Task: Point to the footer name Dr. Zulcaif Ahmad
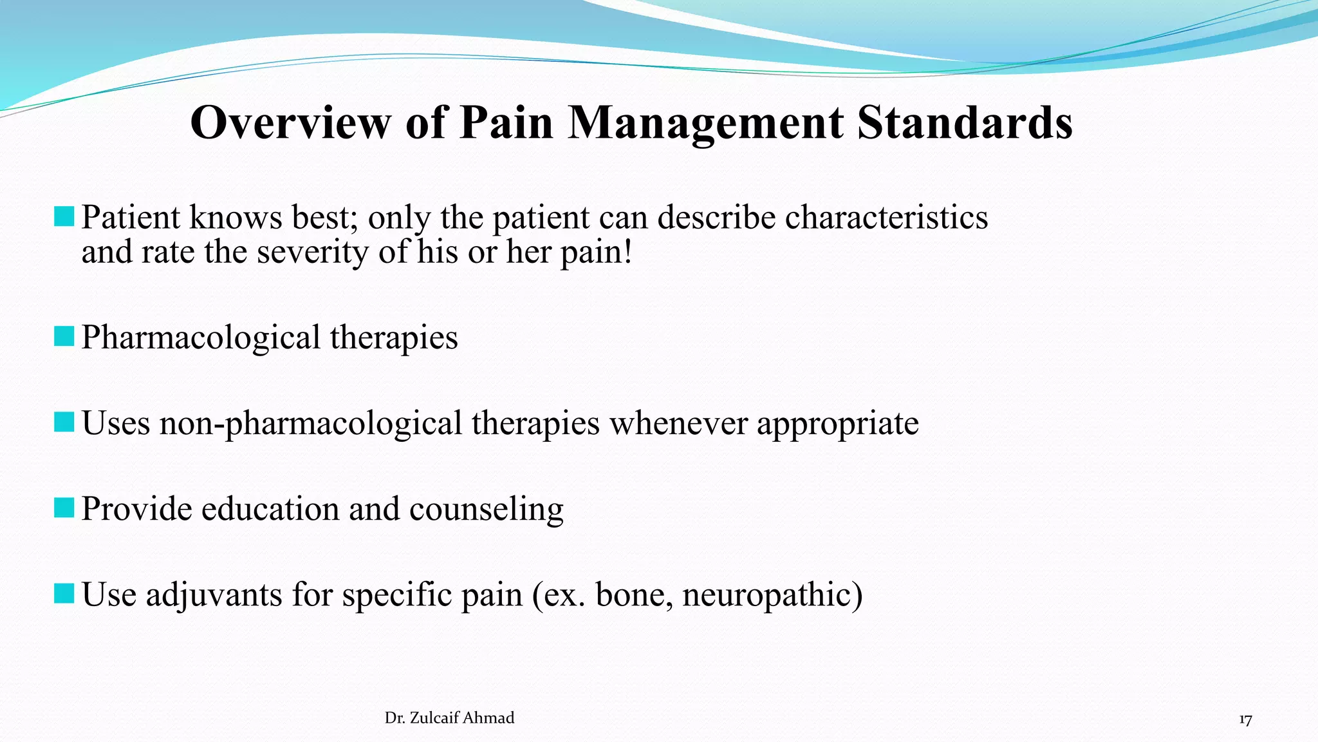(x=449, y=718)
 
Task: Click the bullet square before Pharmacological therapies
(x=64, y=336)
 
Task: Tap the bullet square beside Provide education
(x=64, y=508)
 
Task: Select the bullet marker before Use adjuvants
(x=64, y=593)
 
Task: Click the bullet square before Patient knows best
(x=64, y=216)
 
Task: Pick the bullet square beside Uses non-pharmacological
(x=64, y=422)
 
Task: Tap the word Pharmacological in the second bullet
(x=201, y=338)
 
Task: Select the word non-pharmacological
(x=311, y=424)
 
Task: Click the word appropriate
(x=837, y=424)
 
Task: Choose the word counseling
(x=486, y=509)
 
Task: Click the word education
(x=270, y=509)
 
